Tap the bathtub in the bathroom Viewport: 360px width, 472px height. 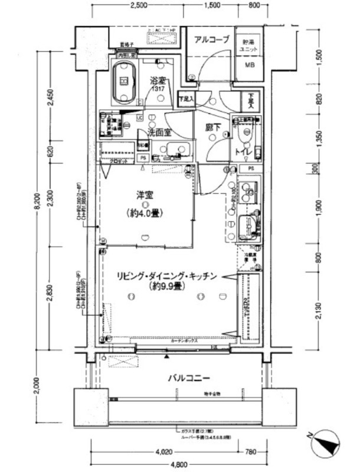click(x=124, y=81)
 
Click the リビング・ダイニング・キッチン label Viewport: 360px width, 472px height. click(x=168, y=276)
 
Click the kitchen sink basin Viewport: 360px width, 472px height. click(x=247, y=225)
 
